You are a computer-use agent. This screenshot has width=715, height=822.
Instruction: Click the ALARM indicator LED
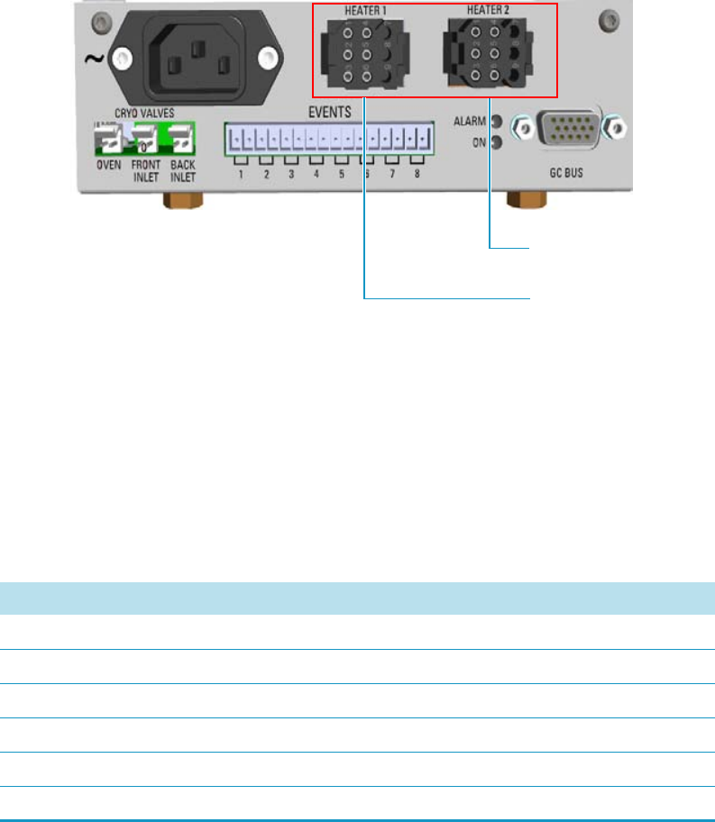pos(496,120)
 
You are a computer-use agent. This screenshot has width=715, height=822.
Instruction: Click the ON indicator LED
pos(496,141)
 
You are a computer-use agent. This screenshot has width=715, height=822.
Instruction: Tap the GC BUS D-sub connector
pos(565,130)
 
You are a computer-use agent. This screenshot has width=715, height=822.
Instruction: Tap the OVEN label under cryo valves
pos(109,166)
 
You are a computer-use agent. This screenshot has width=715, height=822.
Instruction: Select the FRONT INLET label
pos(145,171)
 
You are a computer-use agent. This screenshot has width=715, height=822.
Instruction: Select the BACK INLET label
pos(183,171)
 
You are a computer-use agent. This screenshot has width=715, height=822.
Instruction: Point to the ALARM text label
pos(470,120)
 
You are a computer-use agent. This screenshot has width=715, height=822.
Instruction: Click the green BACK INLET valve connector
pos(182,139)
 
